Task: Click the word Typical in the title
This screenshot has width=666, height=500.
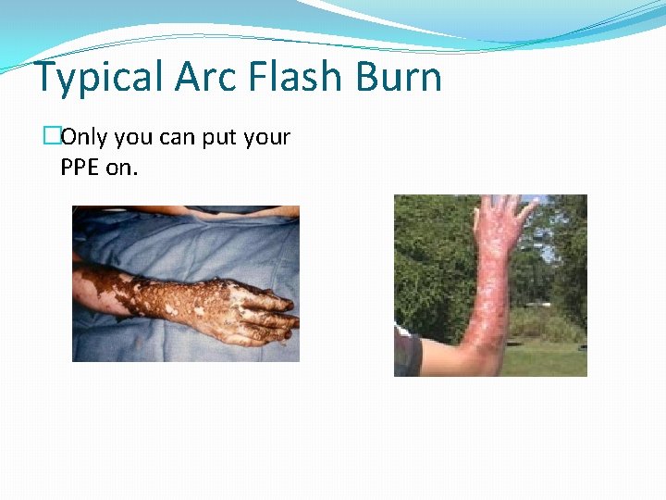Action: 98,78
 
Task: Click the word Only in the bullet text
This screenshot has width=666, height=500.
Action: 84,138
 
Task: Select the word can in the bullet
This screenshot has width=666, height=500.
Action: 178,138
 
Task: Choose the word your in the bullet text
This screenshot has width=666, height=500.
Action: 267,138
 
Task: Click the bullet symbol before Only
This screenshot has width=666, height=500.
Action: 51,138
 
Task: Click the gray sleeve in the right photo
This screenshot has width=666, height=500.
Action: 406,354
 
